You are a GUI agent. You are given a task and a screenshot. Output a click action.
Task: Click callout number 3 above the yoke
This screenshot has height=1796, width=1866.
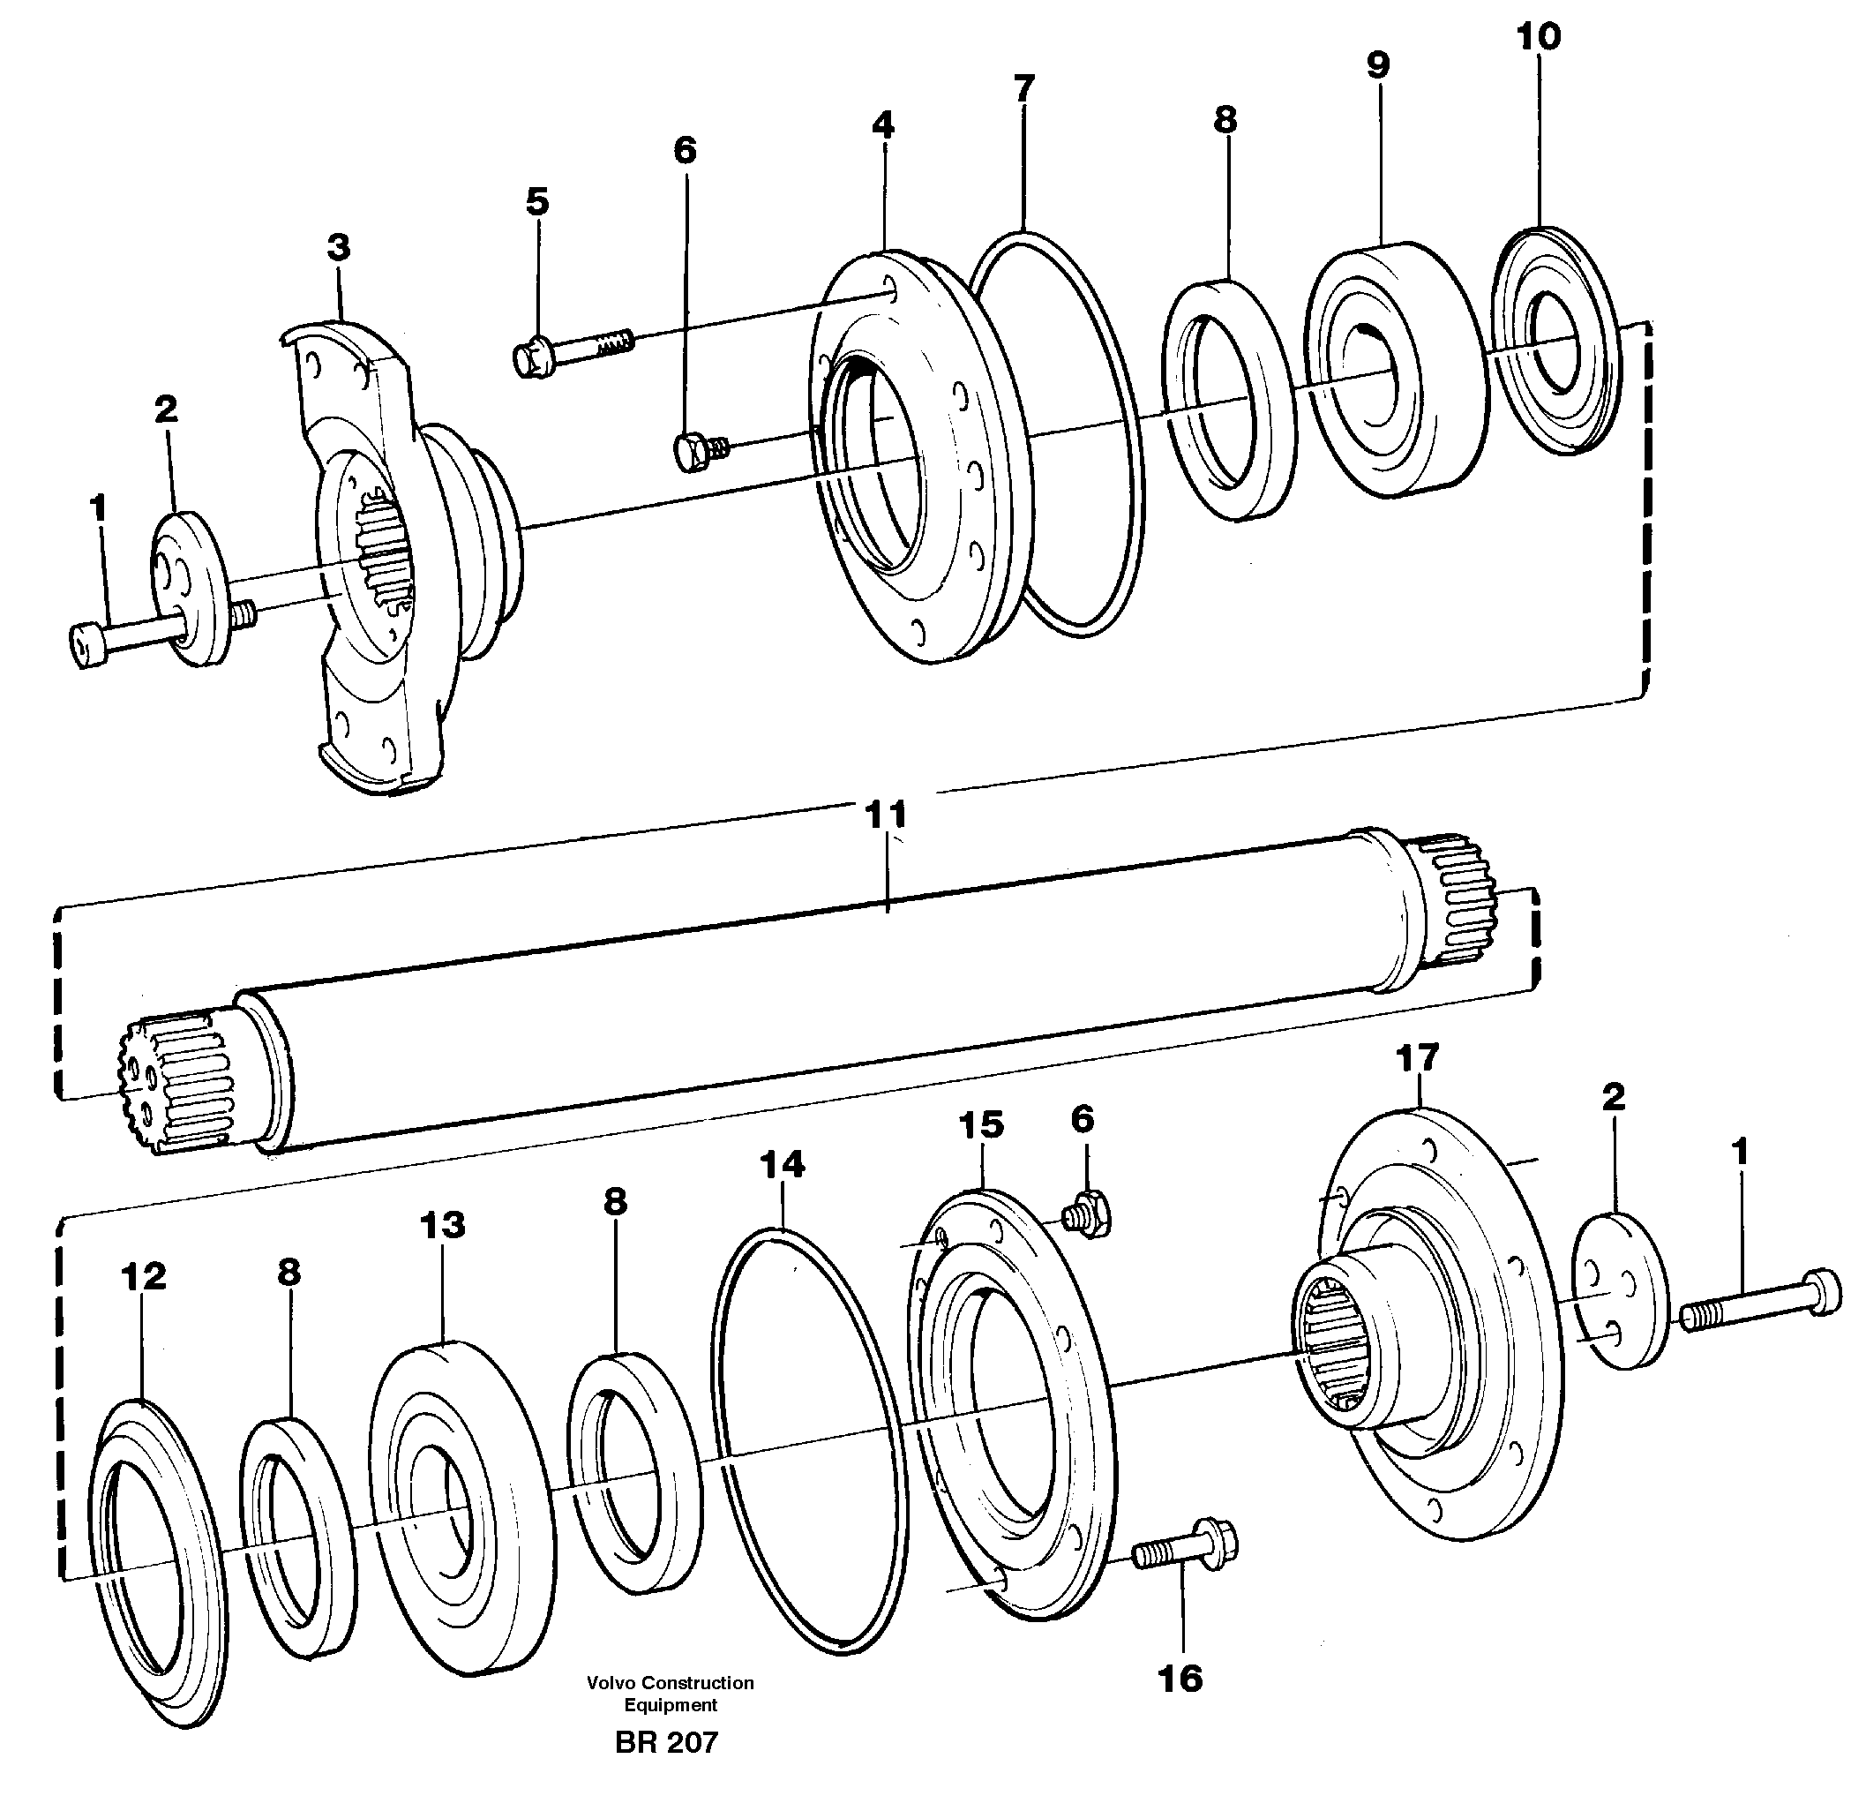[x=338, y=248]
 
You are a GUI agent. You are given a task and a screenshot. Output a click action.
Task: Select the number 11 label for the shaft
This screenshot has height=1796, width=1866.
[x=886, y=815]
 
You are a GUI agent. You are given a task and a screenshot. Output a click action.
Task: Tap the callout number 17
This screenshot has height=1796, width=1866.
[x=1417, y=1058]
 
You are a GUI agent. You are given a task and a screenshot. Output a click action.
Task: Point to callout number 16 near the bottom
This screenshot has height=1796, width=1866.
[x=1180, y=1679]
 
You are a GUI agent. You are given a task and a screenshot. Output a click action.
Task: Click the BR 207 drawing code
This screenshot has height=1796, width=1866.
[x=666, y=1743]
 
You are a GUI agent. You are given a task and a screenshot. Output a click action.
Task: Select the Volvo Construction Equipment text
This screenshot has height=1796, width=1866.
[x=671, y=1693]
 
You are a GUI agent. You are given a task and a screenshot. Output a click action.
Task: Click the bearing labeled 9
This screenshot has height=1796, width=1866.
[x=1395, y=372]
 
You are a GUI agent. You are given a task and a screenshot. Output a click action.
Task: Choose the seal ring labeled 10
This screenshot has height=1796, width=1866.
[x=1554, y=341]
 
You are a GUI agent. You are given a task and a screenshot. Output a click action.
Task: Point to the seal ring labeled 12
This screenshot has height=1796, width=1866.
[x=157, y=1562]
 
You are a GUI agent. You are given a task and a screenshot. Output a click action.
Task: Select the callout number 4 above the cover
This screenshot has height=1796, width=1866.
[x=882, y=124]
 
